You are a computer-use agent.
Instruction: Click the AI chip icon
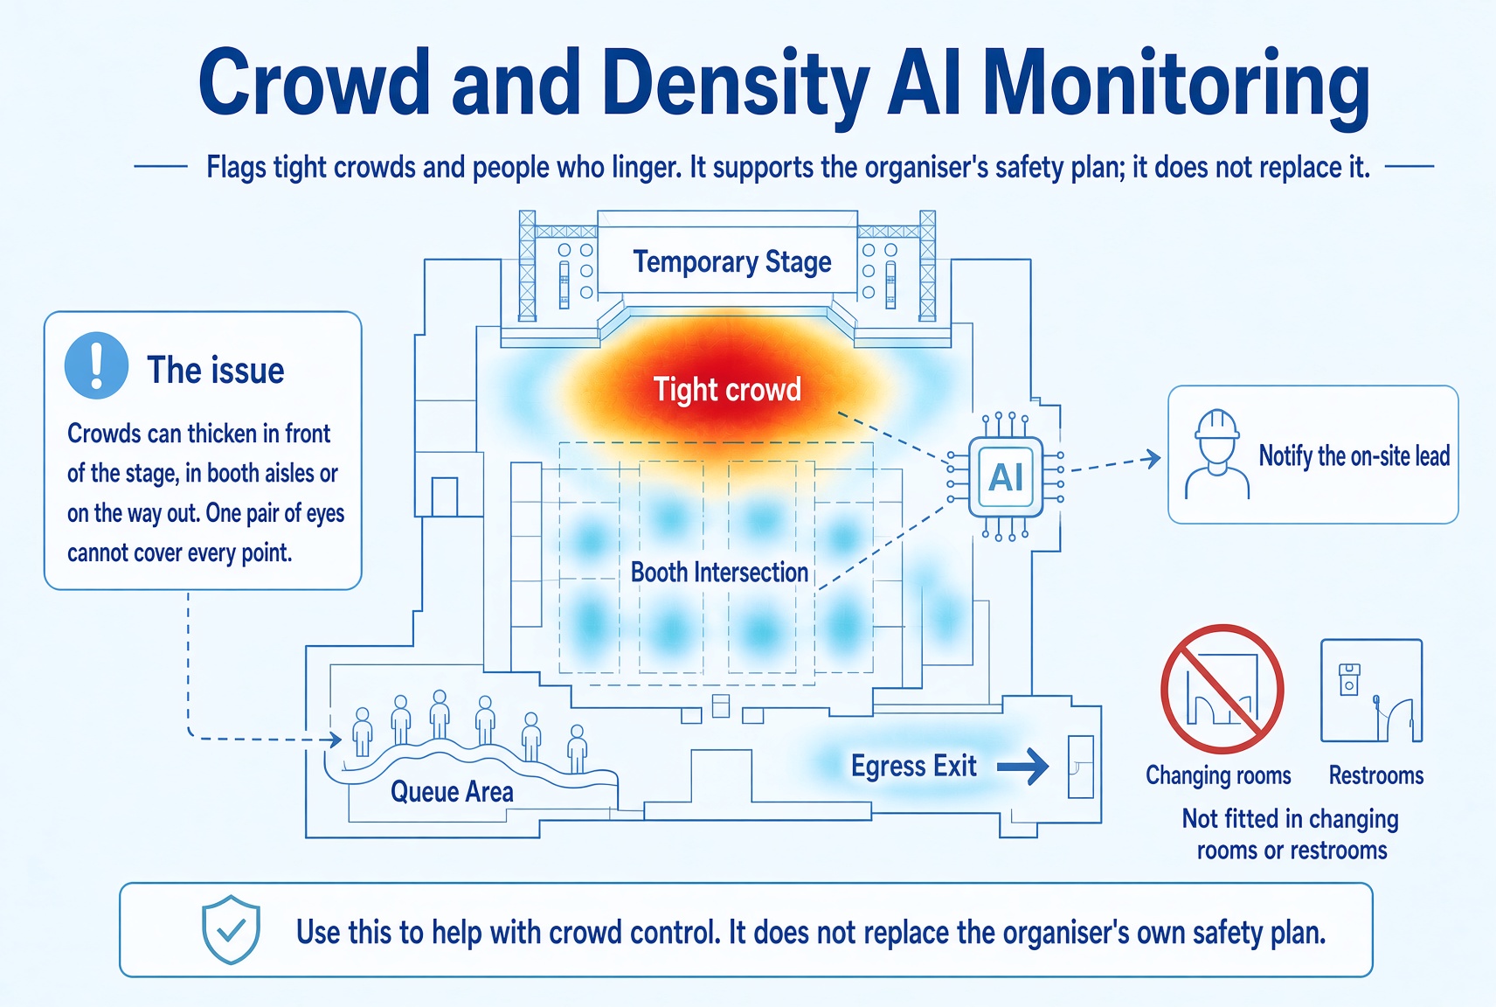pos(1006,476)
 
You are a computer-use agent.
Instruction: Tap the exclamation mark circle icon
pos(97,365)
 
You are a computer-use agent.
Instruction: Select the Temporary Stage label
pos(732,262)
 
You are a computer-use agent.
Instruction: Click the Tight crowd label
pos(727,390)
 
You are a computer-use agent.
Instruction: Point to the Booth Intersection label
pos(719,573)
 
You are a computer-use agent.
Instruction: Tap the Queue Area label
pos(452,792)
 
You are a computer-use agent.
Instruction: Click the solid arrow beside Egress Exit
pos(1022,767)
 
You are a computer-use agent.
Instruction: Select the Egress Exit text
pos(914,766)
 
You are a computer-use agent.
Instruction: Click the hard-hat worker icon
pos(1217,455)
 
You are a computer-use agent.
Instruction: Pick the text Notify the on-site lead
pos(1354,455)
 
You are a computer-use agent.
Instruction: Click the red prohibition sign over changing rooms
pos(1222,690)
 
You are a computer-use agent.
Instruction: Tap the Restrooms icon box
pos(1372,691)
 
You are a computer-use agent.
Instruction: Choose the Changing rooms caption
pos(1218,775)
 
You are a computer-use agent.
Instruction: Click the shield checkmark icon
pos(231,929)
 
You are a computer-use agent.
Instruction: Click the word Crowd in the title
pos(314,83)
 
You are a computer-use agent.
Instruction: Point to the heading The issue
pos(215,370)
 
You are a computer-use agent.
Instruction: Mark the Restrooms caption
pos(1375,775)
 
